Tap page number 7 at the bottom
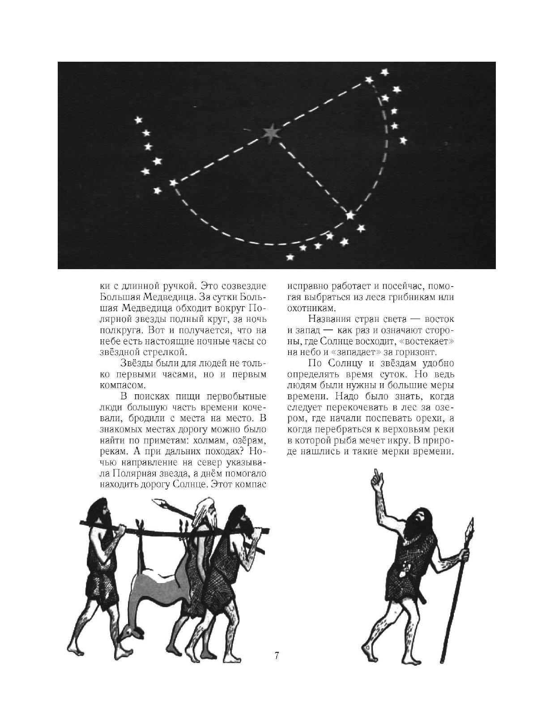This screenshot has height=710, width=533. (277, 656)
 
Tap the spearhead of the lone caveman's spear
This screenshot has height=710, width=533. (470, 528)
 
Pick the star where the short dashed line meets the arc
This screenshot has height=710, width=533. (350, 216)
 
